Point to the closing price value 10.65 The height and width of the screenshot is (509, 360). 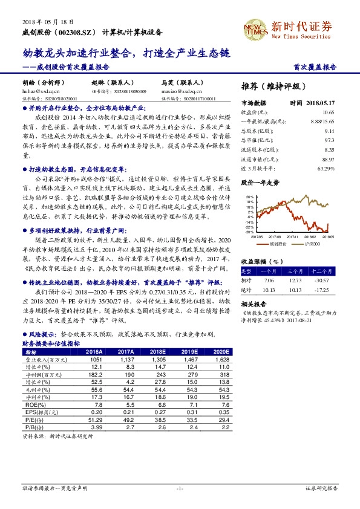[328, 113]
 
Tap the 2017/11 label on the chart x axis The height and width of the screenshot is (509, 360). [292, 237]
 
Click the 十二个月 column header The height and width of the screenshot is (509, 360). [323, 272]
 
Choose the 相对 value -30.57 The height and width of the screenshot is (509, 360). [322, 280]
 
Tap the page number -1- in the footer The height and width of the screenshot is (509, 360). [180, 487]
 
